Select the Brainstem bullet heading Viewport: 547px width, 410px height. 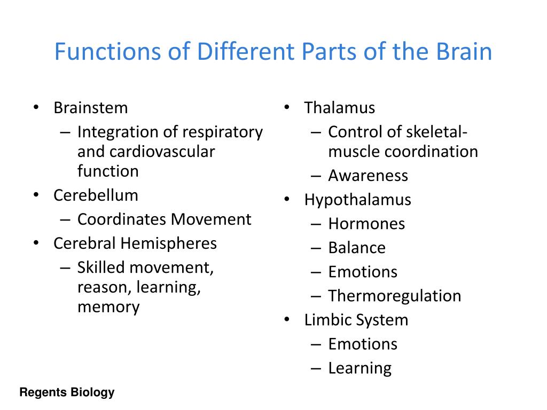91,108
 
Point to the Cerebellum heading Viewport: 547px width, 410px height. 96,195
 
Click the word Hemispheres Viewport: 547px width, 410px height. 168,243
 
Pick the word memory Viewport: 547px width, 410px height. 108,307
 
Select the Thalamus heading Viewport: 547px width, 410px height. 339,108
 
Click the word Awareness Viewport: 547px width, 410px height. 368,176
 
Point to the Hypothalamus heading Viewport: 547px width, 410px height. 357,200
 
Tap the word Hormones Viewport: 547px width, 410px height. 366,224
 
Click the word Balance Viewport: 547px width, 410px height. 357,248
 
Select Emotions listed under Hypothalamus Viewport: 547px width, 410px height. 363,272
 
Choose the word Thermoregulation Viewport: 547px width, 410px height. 394,296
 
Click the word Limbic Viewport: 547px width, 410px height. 325,320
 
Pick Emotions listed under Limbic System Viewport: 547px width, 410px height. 363,344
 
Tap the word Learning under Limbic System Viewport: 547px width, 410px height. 360,368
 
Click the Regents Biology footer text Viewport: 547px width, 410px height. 67,393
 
